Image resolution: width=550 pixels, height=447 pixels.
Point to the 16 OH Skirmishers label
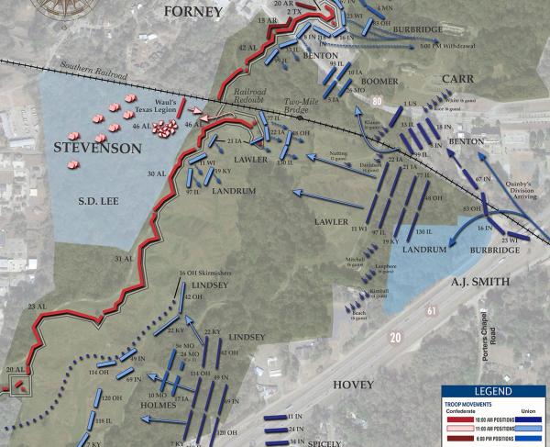tap(202, 274)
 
